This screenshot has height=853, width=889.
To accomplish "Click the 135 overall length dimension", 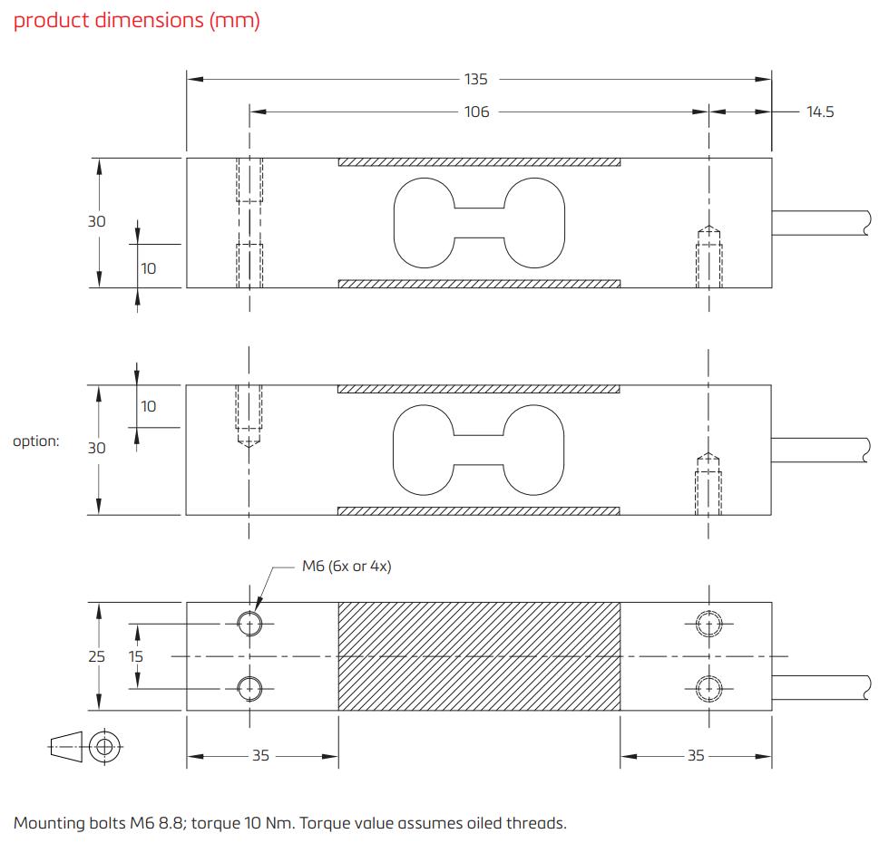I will (x=476, y=80).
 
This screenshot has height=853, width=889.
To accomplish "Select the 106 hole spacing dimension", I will (x=476, y=111).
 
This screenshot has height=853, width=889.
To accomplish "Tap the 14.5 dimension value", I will (x=819, y=111).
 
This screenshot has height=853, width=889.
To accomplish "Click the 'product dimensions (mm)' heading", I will (x=137, y=21).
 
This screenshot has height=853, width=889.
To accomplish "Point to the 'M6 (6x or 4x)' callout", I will (x=347, y=567).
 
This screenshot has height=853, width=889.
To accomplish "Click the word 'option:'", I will (x=36, y=441).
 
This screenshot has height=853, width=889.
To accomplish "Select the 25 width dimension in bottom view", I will (x=97, y=656).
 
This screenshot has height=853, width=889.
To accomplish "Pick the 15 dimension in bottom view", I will (x=135, y=656).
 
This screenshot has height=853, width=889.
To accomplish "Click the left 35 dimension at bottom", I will (x=260, y=755).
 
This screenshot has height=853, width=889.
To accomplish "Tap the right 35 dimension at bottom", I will (x=696, y=755).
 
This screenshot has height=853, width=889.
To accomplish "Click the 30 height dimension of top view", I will (x=97, y=221).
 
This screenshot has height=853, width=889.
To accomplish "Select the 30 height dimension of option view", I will (x=97, y=448).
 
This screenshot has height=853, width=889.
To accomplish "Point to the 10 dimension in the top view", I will (x=148, y=268).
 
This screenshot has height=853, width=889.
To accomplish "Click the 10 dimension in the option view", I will (x=148, y=406).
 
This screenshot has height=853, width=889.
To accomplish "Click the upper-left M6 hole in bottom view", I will (x=249, y=623).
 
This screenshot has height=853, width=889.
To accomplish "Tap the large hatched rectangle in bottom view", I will (x=479, y=655).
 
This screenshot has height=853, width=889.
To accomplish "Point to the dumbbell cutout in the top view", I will (x=478, y=223).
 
